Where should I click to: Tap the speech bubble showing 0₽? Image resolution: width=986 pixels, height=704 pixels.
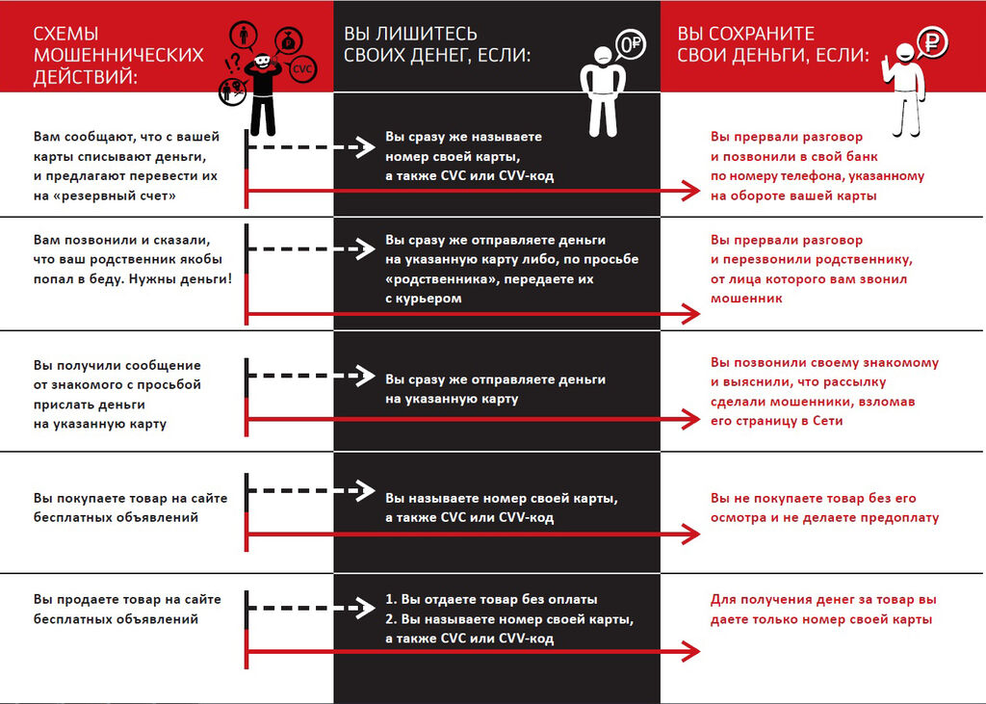click(631, 43)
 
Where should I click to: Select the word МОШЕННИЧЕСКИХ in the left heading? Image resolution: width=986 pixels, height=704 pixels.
click(118, 55)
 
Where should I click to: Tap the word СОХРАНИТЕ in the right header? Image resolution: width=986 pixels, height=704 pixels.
click(769, 33)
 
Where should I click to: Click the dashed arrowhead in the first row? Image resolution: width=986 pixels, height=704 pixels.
click(362, 147)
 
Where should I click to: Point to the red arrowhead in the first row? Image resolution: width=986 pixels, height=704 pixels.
click(690, 192)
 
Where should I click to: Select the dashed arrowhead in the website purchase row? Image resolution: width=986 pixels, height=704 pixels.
click(362, 489)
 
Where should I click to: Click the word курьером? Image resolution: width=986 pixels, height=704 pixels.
click(428, 299)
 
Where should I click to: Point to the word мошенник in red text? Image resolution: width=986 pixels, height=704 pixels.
click(747, 299)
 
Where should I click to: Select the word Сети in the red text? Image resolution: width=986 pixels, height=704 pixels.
click(828, 421)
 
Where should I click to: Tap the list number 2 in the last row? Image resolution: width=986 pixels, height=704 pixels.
click(390, 618)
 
